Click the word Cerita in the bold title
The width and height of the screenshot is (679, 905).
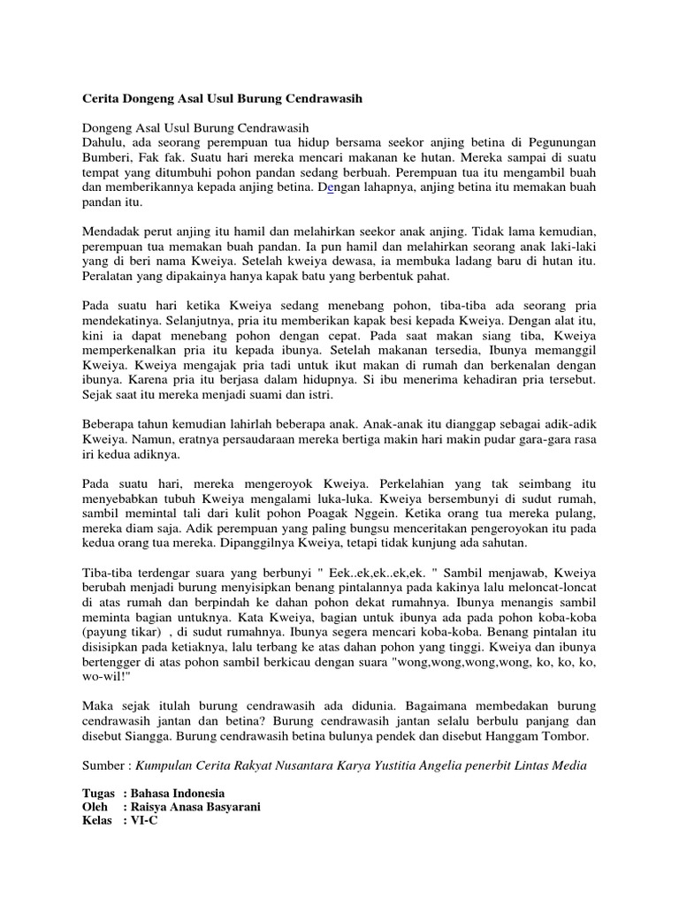(x=102, y=99)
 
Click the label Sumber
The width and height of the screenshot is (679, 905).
(x=105, y=764)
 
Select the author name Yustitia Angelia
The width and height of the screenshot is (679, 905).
(x=398, y=764)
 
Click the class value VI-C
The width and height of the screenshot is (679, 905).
(x=145, y=821)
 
